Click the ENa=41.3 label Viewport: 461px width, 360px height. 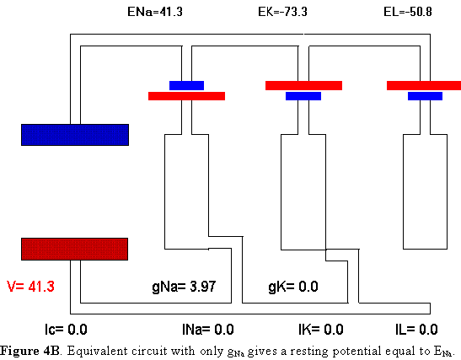pyautogui.click(x=155, y=12)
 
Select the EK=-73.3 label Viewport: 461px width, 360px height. pyautogui.click(x=282, y=12)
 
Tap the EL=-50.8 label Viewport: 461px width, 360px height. pyautogui.click(x=408, y=12)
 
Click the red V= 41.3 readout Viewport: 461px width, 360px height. pyautogui.click(x=30, y=287)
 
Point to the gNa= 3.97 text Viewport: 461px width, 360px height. pyautogui.click(x=184, y=287)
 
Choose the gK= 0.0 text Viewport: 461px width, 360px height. pyautogui.click(x=293, y=287)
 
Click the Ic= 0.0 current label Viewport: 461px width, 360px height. pyautogui.click(x=66, y=330)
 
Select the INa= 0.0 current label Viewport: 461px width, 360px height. pyautogui.click(x=208, y=330)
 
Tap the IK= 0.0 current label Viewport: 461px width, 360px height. pyautogui.click(x=321, y=330)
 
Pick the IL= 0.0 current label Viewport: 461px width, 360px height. pyautogui.click(x=416, y=330)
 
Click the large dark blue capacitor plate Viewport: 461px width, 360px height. pyautogui.click(x=75, y=135)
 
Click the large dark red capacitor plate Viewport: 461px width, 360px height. pyautogui.click(x=75, y=249)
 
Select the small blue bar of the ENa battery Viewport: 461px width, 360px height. pyautogui.click(x=187, y=86)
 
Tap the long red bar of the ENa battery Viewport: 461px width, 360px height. pyautogui.click(x=187, y=96)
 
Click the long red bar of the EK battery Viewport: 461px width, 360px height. pyautogui.click(x=303, y=86)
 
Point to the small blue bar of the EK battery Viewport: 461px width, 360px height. pyautogui.click(x=303, y=96)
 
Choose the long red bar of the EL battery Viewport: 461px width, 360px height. pyautogui.click(x=424, y=86)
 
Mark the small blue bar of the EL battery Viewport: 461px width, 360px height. pyautogui.click(x=425, y=96)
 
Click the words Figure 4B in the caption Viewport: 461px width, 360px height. pyautogui.click(x=30, y=351)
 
